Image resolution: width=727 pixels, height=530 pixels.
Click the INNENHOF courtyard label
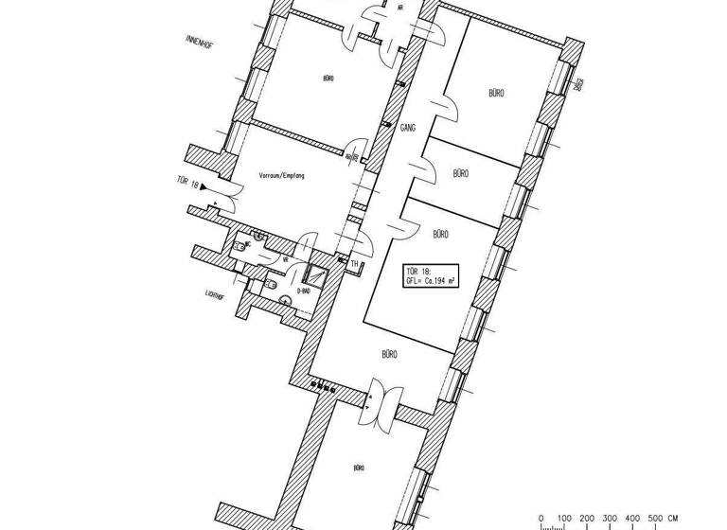[204, 43]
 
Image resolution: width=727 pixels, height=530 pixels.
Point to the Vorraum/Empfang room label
[281, 175]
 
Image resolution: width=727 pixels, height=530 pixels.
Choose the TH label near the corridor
[355, 264]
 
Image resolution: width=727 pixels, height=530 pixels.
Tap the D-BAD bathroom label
[304, 291]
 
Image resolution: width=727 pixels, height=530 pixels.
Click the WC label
[248, 244]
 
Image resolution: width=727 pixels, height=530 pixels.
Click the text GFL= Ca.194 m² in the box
[431, 281]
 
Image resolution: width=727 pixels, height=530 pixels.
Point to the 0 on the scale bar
[541, 517]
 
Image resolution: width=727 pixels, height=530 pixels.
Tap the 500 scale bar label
[656, 517]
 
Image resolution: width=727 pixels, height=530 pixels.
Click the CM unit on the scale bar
[673, 517]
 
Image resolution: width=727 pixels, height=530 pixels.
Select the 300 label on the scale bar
[610, 517]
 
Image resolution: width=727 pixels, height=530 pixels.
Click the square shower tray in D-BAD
[314, 275]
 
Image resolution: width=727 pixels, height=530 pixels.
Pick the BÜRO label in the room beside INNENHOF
[327, 79]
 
